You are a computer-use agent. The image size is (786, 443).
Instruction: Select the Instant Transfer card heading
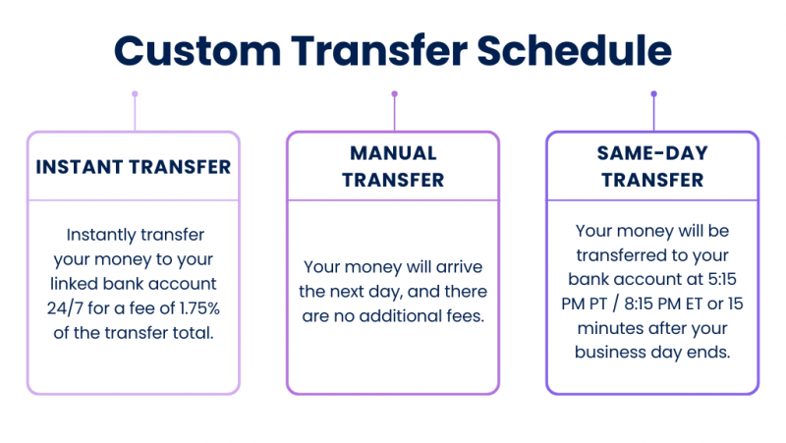pyautogui.click(x=134, y=166)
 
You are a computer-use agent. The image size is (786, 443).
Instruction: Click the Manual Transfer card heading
pyautogui.click(x=393, y=166)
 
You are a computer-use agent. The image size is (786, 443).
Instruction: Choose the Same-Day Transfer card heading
pyautogui.click(x=652, y=166)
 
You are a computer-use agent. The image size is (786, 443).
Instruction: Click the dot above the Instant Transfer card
pyautogui.click(x=135, y=95)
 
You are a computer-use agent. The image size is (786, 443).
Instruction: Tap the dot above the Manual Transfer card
pyautogui.click(x=394, y=95)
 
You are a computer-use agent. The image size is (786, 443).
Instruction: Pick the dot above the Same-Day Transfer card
pyautogui.click(x=653, y=95)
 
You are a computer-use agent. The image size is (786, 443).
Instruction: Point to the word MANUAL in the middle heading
pyautogui.click(x=393, y=153)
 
